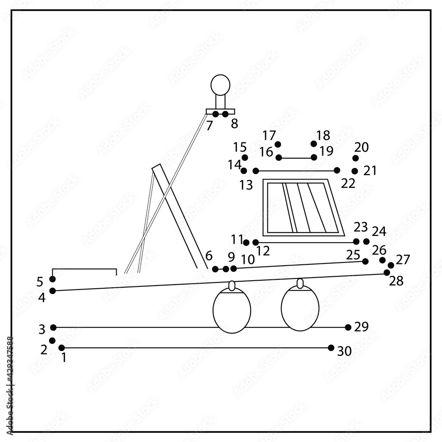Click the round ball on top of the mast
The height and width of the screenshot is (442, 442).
tap(220, 85)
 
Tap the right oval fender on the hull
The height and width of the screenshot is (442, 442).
tap(300, 308)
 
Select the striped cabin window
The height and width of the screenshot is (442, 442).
tap(303, 208)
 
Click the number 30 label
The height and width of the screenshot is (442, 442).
tap(345, 351)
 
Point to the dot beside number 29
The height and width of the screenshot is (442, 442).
tap(348, 328)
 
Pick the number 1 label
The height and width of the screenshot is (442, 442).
tap(64, 358)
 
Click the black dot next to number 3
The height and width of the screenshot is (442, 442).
tap(53, 328)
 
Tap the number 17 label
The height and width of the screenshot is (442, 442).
tap(269, 135)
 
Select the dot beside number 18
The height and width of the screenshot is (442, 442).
tap(314, 144)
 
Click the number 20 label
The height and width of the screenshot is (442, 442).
tap(361, 148)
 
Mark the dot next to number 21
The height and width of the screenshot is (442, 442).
tap(354, 171)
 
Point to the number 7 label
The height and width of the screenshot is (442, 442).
tap(210, 126)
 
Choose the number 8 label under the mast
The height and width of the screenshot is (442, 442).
tap(234, 124)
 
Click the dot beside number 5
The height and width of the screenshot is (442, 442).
tap(53, 279)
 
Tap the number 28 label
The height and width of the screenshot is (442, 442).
tap(396, 281)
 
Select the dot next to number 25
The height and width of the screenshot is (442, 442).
tap(365, 261)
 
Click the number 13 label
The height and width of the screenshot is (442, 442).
tap(246, 185)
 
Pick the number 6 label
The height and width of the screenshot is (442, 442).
tap(209, 256)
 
